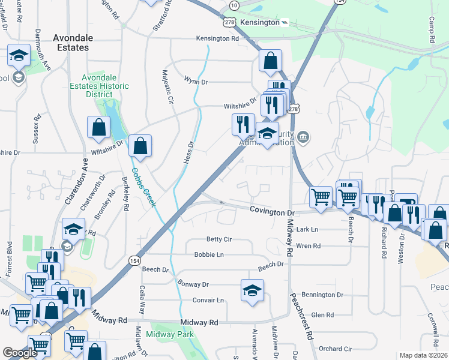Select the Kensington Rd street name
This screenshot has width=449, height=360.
point(217,38)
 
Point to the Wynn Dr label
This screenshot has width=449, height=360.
point(195,81)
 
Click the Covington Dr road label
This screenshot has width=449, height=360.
point(273,212)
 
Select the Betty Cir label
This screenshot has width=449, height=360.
point(218,239)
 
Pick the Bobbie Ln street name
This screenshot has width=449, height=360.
point(209,254)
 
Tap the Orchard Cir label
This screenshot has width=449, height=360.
point(336,349)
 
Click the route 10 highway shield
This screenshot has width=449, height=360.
point(234,5)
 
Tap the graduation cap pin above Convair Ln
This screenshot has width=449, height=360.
point(252,290)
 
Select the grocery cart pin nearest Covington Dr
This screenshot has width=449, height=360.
point(321,196)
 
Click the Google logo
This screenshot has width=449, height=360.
point(20,353)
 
